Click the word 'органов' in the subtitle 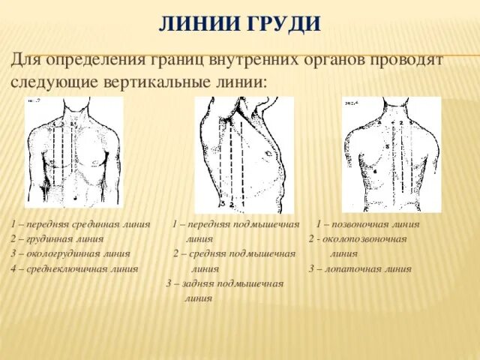point(340,59)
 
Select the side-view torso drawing point(243,154)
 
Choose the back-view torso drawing point(391,154)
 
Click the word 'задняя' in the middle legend point(196,283)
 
